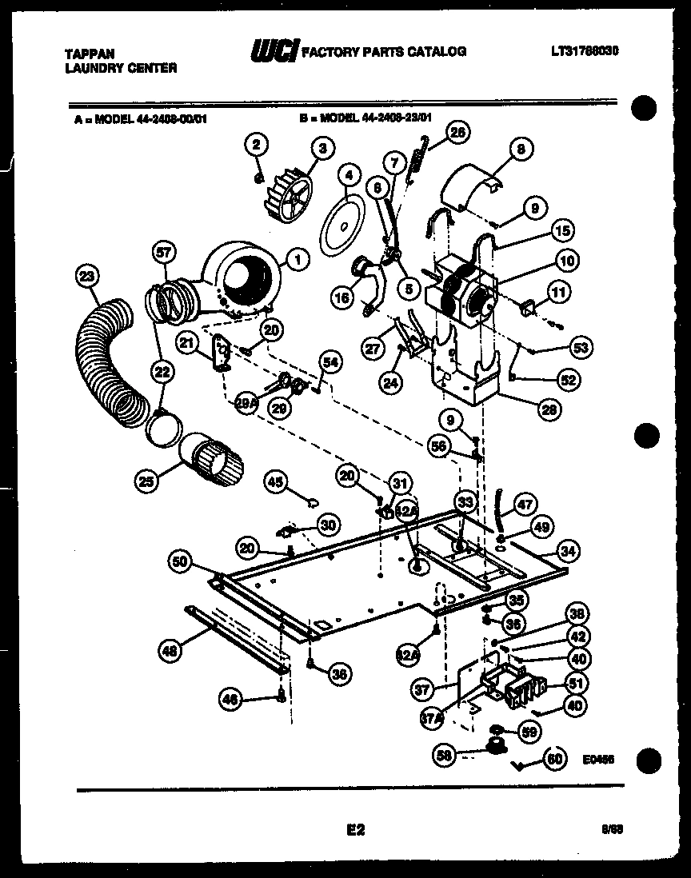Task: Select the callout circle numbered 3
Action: pyautogui.click(x=322, y=147)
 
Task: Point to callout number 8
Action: pyautogui.click(x=520, y=149)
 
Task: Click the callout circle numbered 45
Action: pyautogui.click(x=276, y=481)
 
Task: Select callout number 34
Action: pyautogui.click(x=568, y=550)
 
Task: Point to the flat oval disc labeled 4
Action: pyautogui.click(x=341, y=223)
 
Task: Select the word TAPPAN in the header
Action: pyautogui.click(x=89, y=54)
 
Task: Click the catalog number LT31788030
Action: pyautogui.click(x=585, y=51)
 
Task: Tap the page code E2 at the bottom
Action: pyautogui.click(x=355, y=831)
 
